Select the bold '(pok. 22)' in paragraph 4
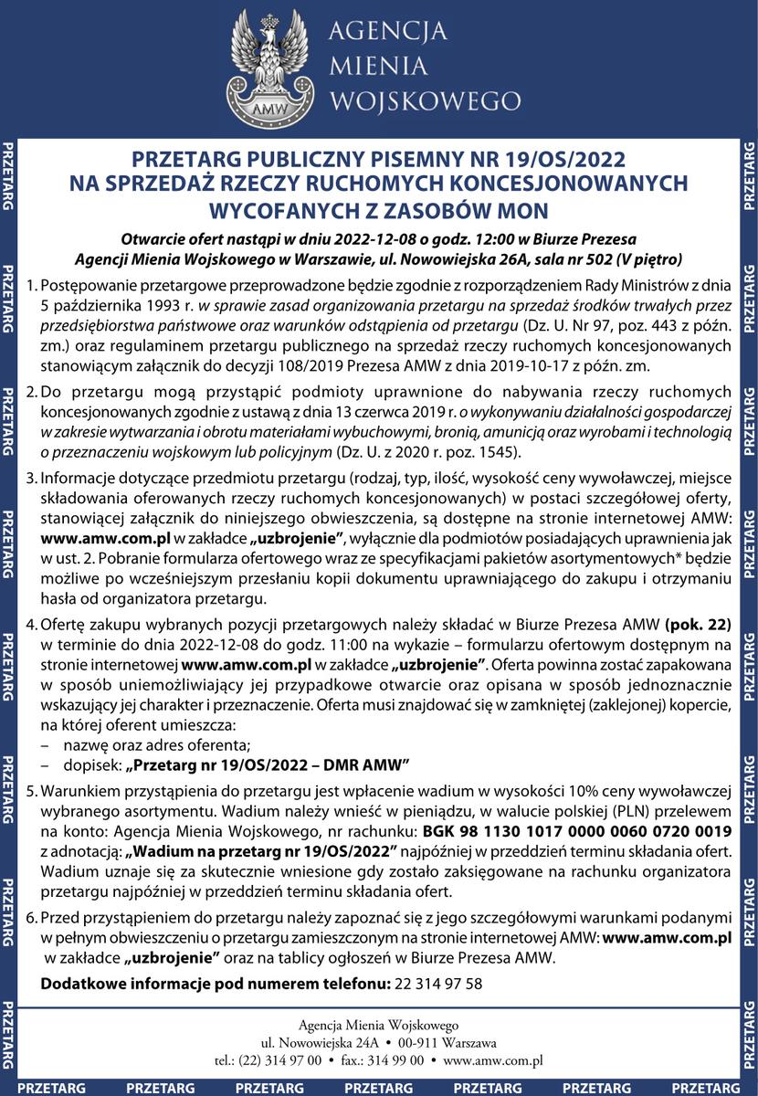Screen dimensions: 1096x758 [700, 625]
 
